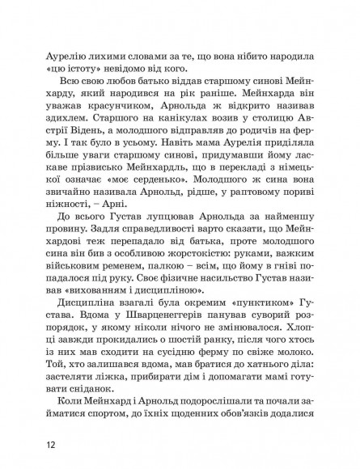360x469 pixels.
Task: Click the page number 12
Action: pyautogui.click(x=52, y=443)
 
